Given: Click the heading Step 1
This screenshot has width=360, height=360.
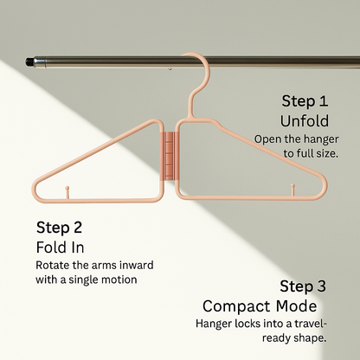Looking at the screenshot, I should click(305, 100).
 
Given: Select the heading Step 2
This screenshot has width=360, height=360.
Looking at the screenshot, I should click(60, 228).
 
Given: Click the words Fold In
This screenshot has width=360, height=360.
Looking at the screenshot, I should click(58, 247).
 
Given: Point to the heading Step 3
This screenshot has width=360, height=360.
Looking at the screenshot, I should click(304, 286).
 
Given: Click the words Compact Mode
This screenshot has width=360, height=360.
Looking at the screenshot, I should click(260, 305).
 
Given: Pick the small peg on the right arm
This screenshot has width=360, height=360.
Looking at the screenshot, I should click(293, 189).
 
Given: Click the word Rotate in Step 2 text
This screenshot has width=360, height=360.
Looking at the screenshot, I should click(55, 265).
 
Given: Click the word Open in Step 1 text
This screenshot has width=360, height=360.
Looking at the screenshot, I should click(267, 138).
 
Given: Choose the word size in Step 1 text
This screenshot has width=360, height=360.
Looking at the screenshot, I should click(325, 152).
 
